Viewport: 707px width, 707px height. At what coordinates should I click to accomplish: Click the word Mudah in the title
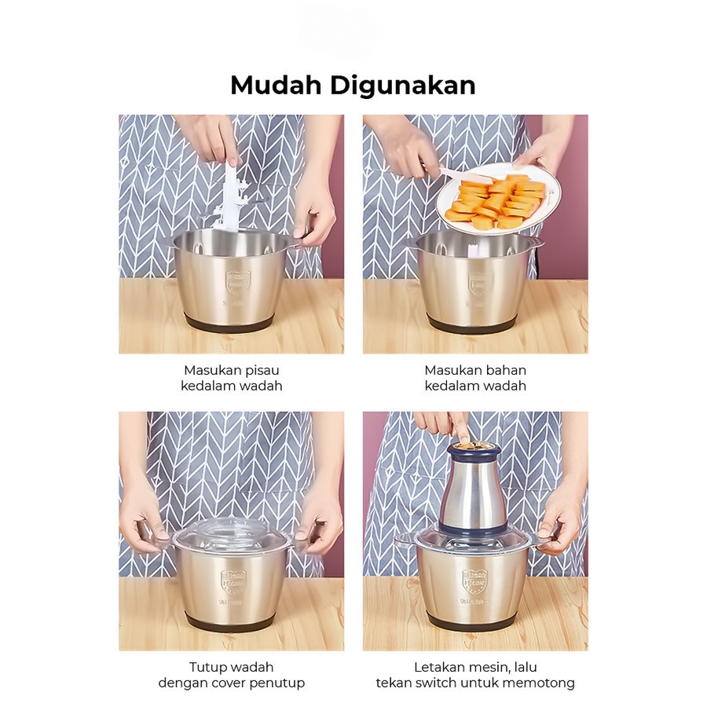[x=276, y=85]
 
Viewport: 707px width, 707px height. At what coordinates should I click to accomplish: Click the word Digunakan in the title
[x=403, y=85]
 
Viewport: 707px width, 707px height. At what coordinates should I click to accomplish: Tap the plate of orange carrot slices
[x=499, y=199]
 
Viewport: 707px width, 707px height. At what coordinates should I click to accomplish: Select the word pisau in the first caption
[x=262, y=370]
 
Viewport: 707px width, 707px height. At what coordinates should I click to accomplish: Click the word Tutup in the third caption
[x=205, y=667]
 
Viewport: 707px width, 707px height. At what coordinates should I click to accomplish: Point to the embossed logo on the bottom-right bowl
[x=474, y=581]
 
